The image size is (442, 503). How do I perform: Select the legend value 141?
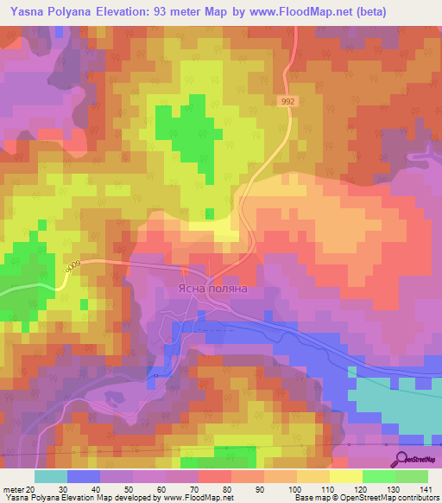[x=426, y=488]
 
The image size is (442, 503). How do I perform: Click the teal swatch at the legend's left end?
[x=50, y=476]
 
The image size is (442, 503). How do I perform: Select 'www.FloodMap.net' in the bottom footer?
[x=185, y=498]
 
